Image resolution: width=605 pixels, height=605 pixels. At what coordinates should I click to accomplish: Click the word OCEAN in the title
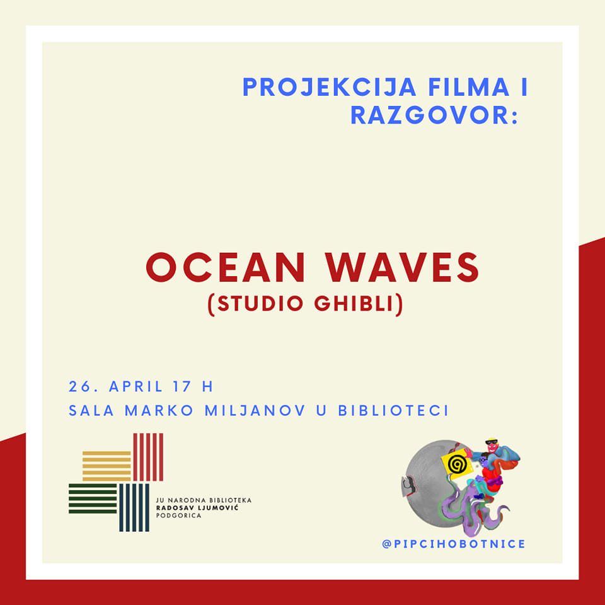(226, 267)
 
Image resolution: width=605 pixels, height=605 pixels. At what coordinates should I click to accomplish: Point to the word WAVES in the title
(402, 267)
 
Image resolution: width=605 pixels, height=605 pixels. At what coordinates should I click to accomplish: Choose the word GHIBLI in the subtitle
(354, 303)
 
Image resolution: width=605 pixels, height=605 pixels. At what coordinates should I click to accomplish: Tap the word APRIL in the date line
(135, 386)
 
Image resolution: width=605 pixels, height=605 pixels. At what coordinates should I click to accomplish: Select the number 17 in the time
(181, 386)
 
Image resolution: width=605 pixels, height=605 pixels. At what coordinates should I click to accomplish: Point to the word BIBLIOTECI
(393, 410)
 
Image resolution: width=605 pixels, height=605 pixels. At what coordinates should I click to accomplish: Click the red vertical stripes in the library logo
(148, 457)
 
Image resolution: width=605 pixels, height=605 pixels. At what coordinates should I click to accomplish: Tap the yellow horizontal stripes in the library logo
(107, 466)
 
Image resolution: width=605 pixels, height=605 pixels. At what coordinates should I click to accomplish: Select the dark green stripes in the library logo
(93, 498)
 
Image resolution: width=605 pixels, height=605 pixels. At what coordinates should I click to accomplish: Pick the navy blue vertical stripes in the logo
(134, 507)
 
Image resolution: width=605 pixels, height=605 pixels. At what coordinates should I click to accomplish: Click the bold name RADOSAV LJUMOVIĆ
(197, 508)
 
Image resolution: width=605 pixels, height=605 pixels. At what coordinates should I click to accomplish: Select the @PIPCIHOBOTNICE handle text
(454, 544)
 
